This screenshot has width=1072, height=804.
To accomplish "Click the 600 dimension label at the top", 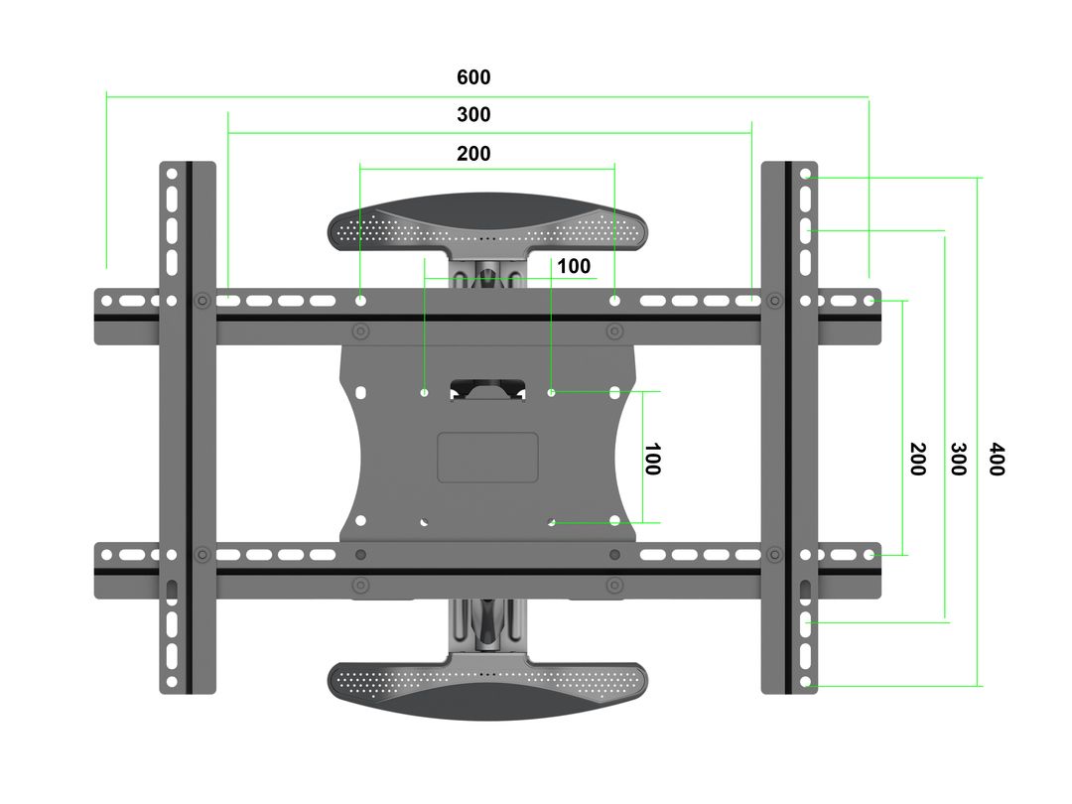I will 473,77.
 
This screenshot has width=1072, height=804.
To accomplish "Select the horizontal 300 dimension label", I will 473,115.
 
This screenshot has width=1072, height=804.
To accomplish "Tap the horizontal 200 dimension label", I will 473,154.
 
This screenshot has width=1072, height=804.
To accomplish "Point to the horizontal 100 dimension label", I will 573,266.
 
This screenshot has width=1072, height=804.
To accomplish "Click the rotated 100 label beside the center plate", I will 651,459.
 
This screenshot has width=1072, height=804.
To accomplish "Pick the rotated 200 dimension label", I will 917,459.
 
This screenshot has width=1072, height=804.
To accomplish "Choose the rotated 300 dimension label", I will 957,459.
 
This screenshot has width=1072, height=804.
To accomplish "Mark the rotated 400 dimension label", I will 997,459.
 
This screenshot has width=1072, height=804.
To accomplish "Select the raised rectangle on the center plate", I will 487,458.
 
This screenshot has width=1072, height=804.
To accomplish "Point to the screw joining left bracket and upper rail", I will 202,300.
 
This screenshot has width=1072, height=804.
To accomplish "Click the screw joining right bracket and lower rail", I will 772,554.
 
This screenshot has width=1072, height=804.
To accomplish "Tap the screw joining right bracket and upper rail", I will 772,300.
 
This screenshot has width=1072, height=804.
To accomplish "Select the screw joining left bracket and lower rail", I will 202,554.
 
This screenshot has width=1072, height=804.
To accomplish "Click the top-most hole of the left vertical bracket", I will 172,174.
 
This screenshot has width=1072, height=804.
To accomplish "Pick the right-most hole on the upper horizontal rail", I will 870,300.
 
